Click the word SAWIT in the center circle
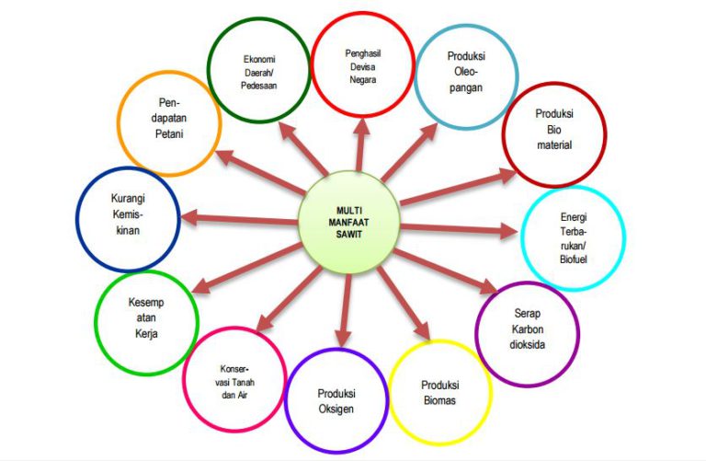coord(349,235)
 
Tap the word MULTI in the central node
coord(349,211)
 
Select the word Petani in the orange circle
coord(169,133)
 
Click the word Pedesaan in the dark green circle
coord(259,86)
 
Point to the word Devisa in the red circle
coord(363,66)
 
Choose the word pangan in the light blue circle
coord(466,87)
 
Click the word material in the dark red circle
coord(554,145)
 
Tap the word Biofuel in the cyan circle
coord(574,259)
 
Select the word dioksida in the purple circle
coord(528,345)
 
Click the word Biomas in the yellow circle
coord(440,400)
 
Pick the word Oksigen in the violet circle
coord(336,409)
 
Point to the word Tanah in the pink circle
coord(244,382)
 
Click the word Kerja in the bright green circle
coord(146,333)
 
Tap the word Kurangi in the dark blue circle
coord(128,198)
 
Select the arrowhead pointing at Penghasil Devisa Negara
coord(361,127)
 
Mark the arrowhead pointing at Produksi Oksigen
coord(343,338)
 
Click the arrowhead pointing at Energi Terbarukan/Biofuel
coord(509,231)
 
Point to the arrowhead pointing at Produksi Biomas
coord(423,331)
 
